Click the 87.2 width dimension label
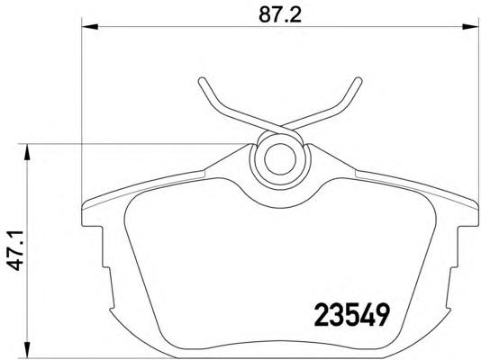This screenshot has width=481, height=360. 280,15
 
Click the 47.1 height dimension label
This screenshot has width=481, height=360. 15,251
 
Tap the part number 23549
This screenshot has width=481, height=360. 352,315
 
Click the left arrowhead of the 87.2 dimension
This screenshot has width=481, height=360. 90,27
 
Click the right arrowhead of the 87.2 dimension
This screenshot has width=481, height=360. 470,27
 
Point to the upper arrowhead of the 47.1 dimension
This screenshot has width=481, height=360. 27,152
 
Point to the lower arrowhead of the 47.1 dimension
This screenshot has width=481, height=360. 27,349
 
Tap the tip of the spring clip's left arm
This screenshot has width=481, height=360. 202,81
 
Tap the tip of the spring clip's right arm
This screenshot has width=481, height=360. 358,80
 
